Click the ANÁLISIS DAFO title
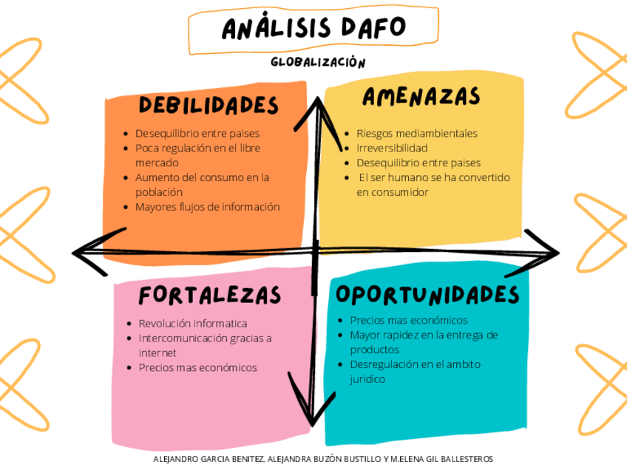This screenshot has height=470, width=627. [313, 28]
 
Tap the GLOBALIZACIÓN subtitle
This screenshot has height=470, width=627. [318, 63]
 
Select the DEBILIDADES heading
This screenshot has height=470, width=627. [209, 105]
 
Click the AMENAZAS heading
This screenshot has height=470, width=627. [421, 97]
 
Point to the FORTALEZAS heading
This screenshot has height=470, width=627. [210, 296]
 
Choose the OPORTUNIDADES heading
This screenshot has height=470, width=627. [427, 294]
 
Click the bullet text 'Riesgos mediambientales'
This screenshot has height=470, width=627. [416, 134]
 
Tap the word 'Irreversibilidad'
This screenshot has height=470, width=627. [392, 149]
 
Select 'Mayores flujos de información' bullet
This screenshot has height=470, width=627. [207, 207]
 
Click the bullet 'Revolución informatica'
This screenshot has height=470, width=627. [192, 324]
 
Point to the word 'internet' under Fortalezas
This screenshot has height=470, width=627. [157, 352]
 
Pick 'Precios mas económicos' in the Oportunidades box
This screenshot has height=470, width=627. [408, 320]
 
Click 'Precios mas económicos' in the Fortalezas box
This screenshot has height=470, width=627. [197, 367]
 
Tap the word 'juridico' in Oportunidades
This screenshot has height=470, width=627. [367, 379]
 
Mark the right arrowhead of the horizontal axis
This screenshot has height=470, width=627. [551, 252]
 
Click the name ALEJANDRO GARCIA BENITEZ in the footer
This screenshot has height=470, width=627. [206, 459]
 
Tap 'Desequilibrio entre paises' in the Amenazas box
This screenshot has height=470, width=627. [418, 163]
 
